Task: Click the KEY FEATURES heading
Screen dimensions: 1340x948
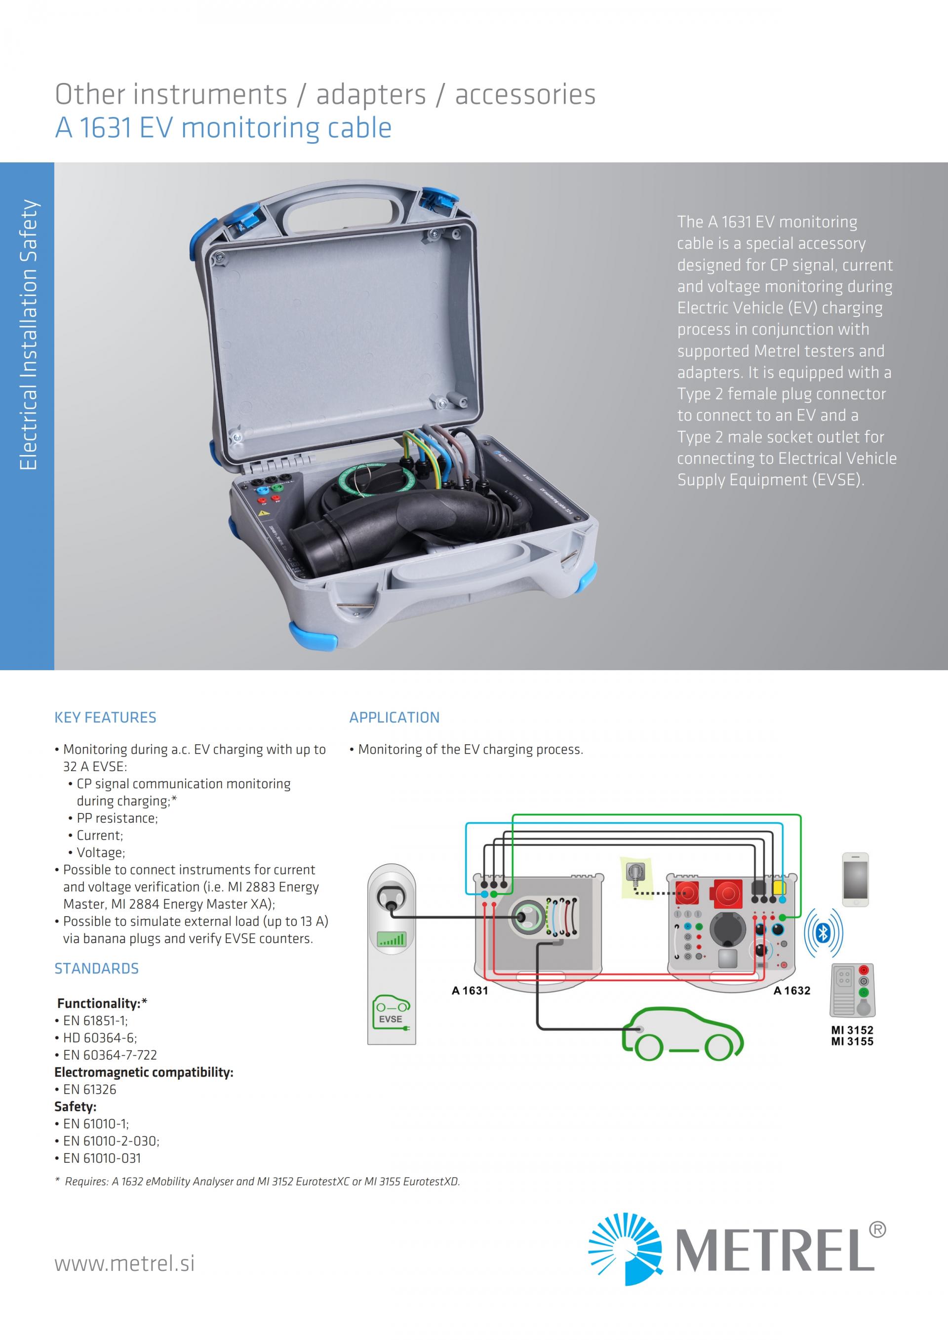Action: pos(105,717)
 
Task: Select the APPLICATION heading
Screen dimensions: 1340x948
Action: pos(394,717)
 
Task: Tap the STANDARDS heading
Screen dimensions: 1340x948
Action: pos(96,968)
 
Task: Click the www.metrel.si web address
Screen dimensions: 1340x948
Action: pos(124,1263)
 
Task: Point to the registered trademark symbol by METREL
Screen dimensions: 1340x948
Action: pos(877,1230)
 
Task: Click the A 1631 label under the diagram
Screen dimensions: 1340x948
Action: pos(470,991)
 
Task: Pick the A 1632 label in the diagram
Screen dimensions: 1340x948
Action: pos(791,991)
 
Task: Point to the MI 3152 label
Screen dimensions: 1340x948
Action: pos(852,1030)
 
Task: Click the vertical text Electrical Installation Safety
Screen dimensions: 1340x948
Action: pos(28,336)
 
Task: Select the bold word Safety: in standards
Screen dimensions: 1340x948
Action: pos(76,1107)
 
